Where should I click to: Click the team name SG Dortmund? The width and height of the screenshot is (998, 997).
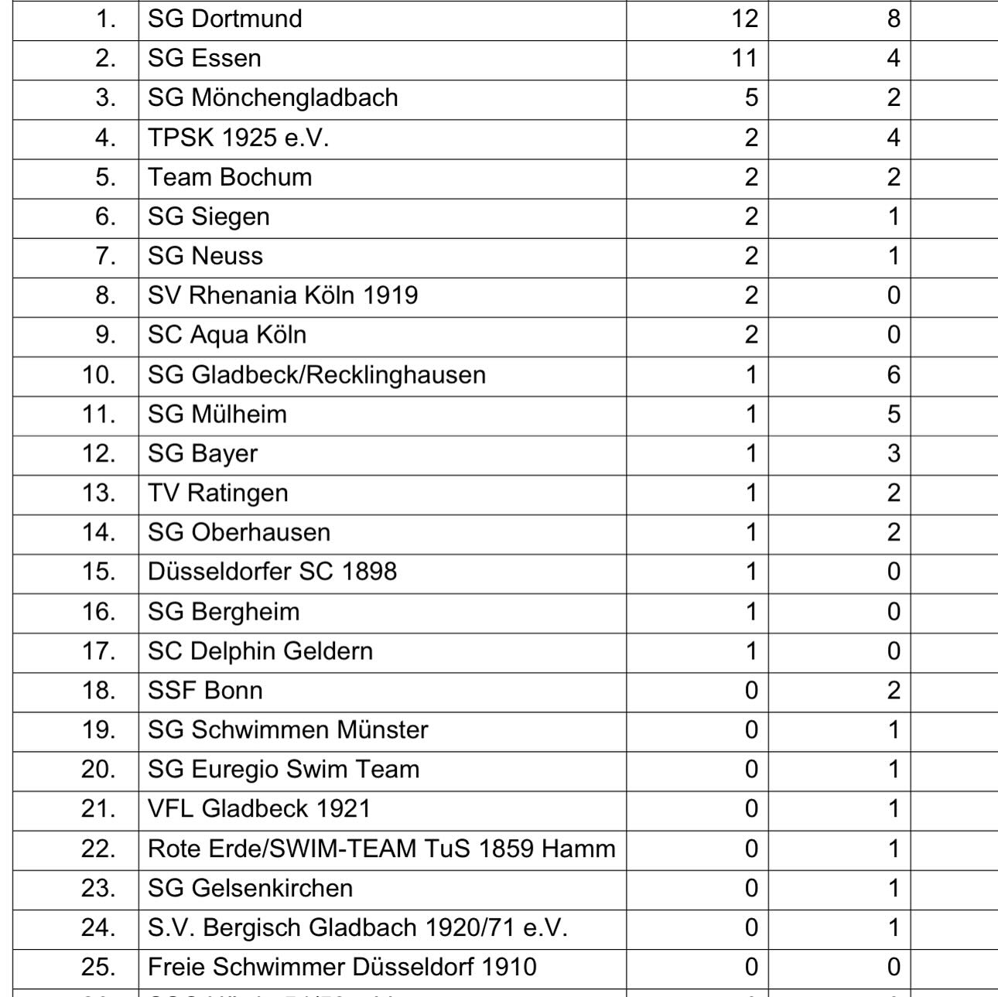(x=224, y=19)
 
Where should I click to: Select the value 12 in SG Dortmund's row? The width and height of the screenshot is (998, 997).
(x=744, y=19)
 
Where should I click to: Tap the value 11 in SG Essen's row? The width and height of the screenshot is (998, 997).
(x=744, y=58)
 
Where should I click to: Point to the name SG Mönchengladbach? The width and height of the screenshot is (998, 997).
(x=272, y=97)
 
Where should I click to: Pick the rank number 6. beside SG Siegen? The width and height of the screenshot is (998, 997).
(x=105, y=217)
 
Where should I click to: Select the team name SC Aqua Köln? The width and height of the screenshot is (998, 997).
(x=227, y=335)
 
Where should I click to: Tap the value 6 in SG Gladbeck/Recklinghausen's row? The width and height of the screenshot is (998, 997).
(x=894, y=375)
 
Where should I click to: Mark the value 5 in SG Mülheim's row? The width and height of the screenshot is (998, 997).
(x=894, y=415)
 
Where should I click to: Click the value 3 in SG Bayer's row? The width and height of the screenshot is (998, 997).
(x=894, y=454)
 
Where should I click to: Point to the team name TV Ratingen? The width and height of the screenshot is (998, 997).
(x=217, y=493)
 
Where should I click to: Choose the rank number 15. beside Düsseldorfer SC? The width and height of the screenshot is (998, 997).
(x=99, y=572)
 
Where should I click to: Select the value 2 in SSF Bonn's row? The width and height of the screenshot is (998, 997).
(x=894, y=691)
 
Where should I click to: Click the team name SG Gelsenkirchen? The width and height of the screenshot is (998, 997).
(x=250, y=888)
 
